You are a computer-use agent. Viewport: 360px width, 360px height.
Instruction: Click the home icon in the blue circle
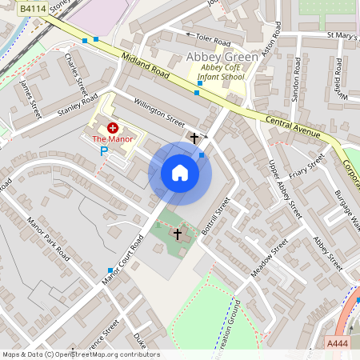(180, 173)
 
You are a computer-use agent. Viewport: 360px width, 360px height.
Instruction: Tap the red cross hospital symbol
(112, 127)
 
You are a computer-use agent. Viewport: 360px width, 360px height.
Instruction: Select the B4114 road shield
(32, 7)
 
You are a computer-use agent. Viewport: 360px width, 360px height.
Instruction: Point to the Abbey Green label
(222, 57)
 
